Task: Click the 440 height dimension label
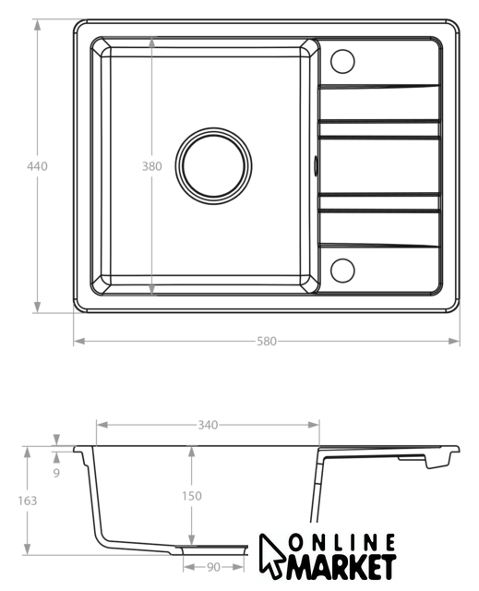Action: coord(37,166)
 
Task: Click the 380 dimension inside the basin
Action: coord(151,166)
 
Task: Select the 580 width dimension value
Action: coord(267,341)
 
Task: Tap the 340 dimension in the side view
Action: coord(208,425)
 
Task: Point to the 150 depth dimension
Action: coord(192,496)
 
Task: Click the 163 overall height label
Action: coord(28,501)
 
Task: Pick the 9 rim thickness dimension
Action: coord(56,473)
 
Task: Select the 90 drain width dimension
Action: coord(213,567)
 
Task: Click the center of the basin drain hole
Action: coord(213,166)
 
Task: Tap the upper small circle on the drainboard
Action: coord(342,61)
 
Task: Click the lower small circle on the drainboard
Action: coord(342,271)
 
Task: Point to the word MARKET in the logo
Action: coord(340,566)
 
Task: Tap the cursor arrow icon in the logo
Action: coord(271,556)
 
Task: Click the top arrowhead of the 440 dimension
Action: coord(37,25)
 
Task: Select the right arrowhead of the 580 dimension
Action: coord(454,341)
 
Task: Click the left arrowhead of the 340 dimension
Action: coord(102,425)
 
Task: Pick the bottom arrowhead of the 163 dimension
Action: coord(27,549)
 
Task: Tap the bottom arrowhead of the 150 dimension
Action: coord(192,539)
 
